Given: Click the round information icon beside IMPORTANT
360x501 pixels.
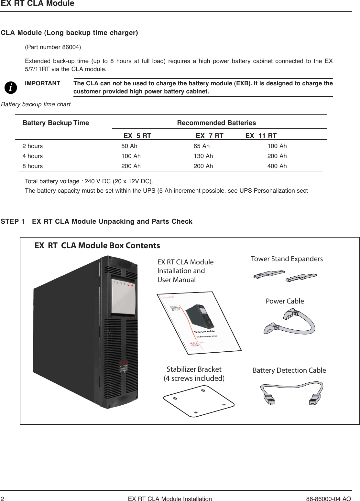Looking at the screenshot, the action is [x=11, y=88].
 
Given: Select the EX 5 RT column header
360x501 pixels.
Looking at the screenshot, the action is [x=137, y=136].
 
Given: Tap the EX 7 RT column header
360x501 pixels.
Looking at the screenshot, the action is [x=209, y=136].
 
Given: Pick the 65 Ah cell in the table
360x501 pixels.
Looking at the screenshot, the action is [x=202, y=146].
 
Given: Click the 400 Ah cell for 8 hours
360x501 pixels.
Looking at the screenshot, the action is [x=277, y=166].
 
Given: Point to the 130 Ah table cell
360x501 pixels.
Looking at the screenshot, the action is [x=203, y=156].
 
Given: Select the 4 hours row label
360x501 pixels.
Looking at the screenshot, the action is [x=32, y=156].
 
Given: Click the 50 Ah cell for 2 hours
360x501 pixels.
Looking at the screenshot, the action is [x=129, y=146].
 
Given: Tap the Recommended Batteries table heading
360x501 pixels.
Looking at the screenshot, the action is [x=216, y=123].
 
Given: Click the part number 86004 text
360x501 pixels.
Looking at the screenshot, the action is [x=53, y=47].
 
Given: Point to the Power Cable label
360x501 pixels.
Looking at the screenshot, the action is [x=285, y=301].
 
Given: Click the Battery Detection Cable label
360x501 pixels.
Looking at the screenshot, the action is [x=289, y=370].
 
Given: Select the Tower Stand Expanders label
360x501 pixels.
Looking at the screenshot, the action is [x=287, y=259].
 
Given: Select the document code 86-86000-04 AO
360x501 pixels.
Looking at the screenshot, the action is [x=328, y=499].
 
